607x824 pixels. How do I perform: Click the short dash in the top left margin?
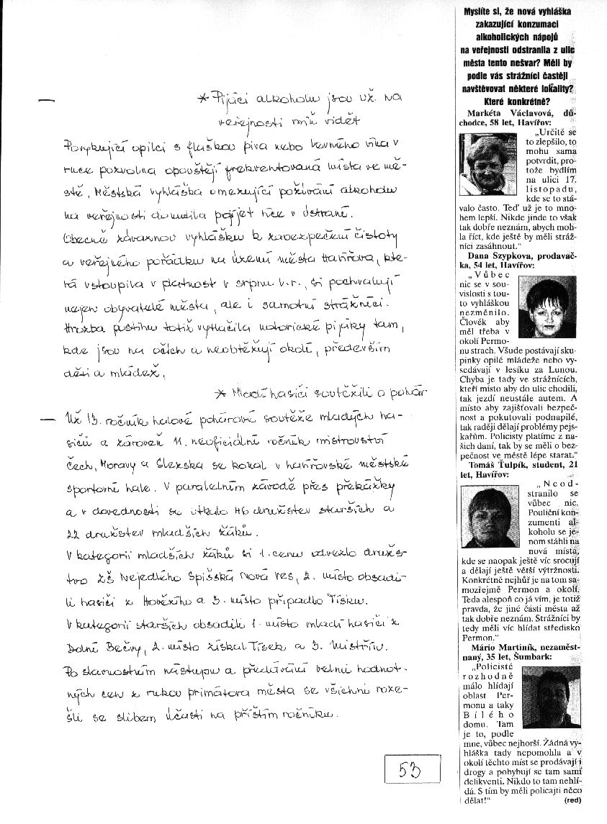click(x=49, y=102)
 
